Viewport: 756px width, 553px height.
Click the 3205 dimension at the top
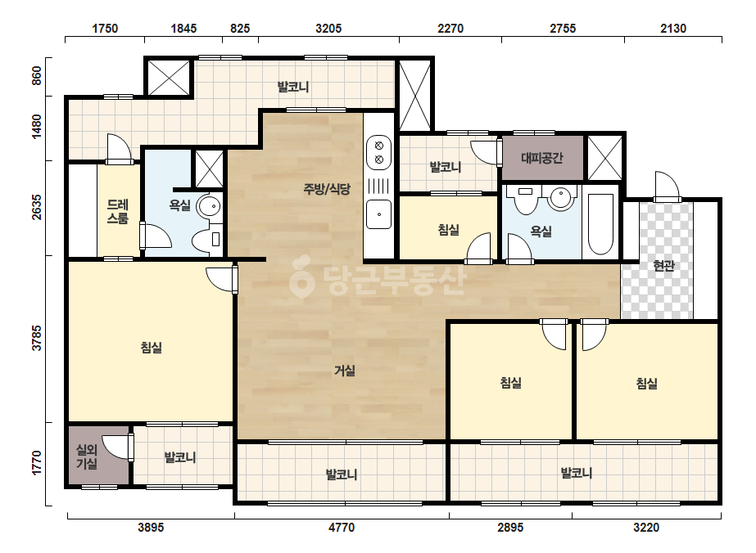coord(328,29)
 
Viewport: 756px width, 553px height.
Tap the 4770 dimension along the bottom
coord(342,528)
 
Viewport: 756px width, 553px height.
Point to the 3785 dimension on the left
coord(37,338)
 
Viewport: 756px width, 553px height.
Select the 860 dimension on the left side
coord(37,75)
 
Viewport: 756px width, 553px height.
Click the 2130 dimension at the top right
coord(673,29)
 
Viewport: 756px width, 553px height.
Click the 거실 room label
coord(345,371)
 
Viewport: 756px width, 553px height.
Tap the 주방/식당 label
coord(327,189)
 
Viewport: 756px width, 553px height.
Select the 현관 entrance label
coord(663,265)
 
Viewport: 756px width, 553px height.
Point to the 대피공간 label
coord(542,158)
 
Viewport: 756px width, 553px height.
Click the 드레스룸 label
coord(118,212)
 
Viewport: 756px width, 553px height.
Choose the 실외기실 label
coord(87,456)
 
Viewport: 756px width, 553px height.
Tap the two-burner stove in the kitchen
coord(379,152)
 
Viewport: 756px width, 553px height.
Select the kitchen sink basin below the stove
coord(379,214)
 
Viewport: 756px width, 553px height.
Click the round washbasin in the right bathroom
coord(560,197)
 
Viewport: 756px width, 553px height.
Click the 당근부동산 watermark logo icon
coord(301,277)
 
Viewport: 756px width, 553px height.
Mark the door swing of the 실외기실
coord(118,447)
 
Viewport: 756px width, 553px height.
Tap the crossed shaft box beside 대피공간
coord(604,158)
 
